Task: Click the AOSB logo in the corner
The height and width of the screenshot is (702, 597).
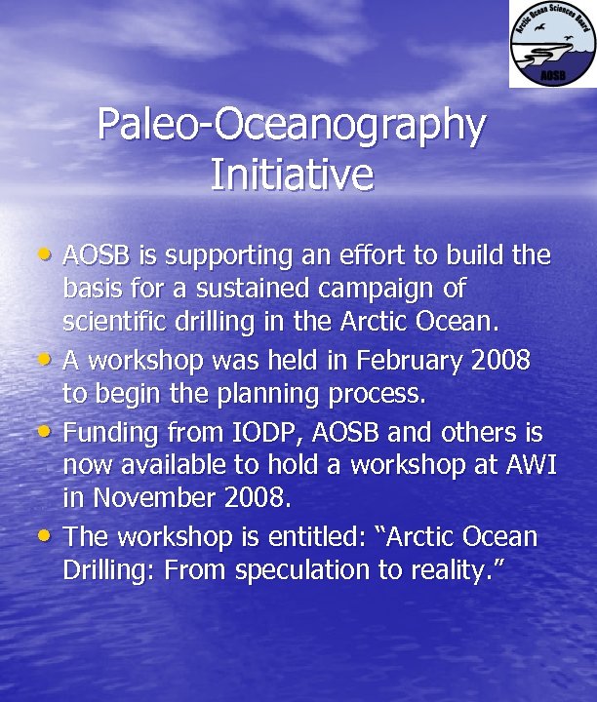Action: [x=551, y=45]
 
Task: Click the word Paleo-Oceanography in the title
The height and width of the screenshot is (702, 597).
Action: [x=292, y=126]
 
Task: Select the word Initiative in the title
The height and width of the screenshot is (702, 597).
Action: [x=292, y=175]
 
